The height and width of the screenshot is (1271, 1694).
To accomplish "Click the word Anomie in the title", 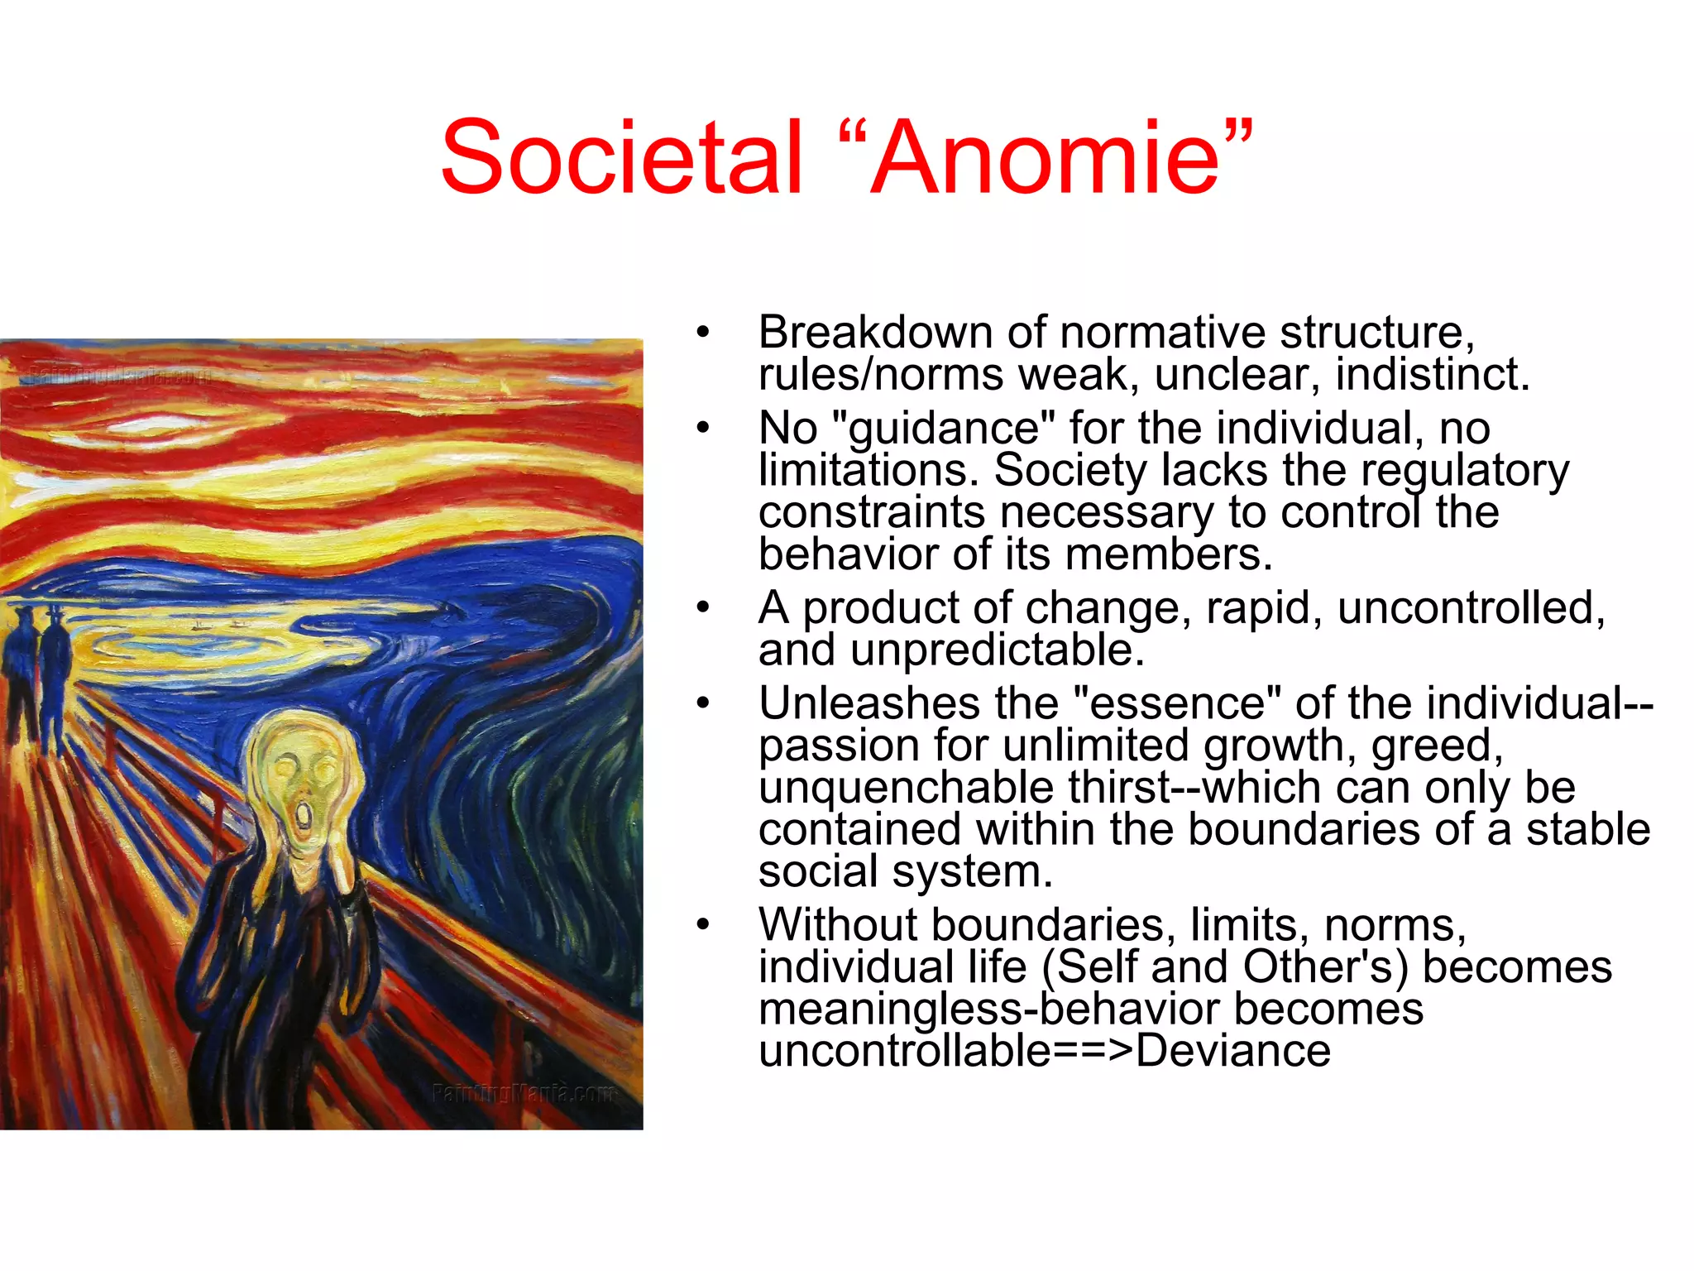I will pyautogui.click(x=1046, y=157).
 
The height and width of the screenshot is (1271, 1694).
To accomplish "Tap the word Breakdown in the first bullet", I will pyautogui.click(x=875, y=333).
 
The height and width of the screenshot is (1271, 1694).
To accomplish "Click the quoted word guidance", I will pyautogui.click(x=944, y=429).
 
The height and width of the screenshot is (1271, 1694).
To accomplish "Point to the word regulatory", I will pyautogui.click(x=1464, y=471).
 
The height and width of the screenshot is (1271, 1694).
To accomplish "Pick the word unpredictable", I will pyautogui.click(x=998, y=650).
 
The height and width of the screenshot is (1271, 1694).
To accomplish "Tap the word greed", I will pyautogui.click(x=1436, y=746).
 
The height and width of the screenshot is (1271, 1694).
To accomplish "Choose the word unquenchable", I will pyautogui.click(x=906, y=788).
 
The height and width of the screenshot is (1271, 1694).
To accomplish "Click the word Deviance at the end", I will pyautogui.click(x=1232, y=1051).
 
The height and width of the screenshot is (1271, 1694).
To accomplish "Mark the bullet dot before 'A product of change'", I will pyautogui.click(x=703, y=608).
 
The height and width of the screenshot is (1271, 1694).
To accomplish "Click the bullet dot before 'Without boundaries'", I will pyautogui.click(x=703, y=925).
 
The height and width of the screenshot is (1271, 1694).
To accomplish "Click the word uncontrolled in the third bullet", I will pyautogui.click(x=1470, y=608).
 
